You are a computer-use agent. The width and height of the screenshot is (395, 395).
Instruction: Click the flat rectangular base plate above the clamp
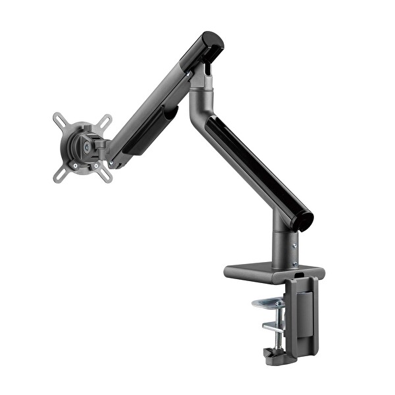263,271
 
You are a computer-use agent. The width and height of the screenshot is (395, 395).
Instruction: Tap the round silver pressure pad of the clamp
268,303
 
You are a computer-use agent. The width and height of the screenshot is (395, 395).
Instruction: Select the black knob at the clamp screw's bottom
271,355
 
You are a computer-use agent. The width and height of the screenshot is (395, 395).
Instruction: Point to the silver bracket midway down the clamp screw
272,327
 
